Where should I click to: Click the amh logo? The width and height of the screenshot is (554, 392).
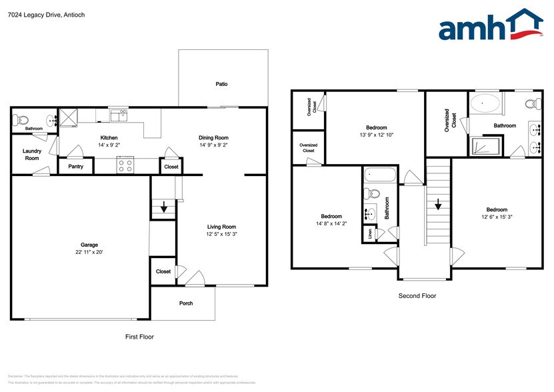pos(490,27)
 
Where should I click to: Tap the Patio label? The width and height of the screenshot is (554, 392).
pos(221,84)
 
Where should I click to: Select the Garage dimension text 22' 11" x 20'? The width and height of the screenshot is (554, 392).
pos(89,252)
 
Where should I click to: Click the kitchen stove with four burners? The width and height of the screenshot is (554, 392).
pos(124,165)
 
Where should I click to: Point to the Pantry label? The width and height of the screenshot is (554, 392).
pos(75,166)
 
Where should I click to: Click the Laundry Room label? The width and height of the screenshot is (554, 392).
pos(31,155)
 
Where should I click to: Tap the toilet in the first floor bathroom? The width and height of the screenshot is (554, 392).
pos(19,120)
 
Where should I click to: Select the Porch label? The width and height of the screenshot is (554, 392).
pos(186,303)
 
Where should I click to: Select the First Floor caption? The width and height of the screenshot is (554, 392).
pos(139,337)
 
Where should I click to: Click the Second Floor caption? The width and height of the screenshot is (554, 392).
pos(417,295)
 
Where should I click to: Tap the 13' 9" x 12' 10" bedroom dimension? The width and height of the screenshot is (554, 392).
pos(376,135)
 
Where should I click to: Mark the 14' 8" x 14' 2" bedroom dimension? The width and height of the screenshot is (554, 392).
pos(331,224)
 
